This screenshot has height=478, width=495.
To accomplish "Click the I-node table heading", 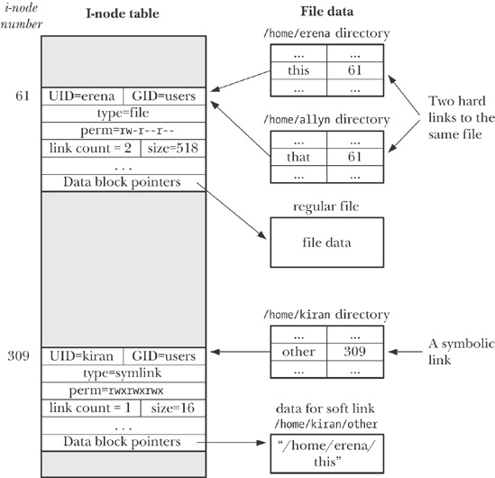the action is click(123, 14).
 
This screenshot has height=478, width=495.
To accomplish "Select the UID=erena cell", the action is click(82, 97).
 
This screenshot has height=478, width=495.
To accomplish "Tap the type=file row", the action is click(124, 114).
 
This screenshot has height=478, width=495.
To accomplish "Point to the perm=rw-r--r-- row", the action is click(124, 131).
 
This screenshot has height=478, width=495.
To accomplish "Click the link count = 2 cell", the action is click(91, 148).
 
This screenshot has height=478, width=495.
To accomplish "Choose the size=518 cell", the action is click(173, 148).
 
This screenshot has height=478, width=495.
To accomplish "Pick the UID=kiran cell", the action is click(82, 356).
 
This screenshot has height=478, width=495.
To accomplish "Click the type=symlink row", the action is click(124, 373).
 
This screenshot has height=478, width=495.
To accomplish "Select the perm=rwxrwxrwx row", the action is click(124, 391).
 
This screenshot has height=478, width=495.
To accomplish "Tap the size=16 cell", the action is click(173, 408).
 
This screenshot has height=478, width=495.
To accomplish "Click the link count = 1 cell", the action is click(91, 408).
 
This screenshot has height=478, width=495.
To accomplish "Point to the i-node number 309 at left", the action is click(19, 356).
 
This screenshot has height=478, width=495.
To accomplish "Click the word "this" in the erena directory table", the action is click(298, 70).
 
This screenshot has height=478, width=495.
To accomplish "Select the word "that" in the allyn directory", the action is click(298, 157).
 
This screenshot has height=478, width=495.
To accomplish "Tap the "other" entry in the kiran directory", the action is click(298, 352).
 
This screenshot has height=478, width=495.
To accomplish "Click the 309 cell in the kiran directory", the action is click(355, 352).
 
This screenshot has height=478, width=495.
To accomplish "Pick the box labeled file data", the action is click(327, 243).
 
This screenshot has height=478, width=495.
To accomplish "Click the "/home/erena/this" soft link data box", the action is click(327, 454).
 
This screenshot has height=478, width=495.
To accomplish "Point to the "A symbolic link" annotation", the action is click(461, 352).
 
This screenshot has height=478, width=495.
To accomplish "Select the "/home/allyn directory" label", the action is click(326, 120).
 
